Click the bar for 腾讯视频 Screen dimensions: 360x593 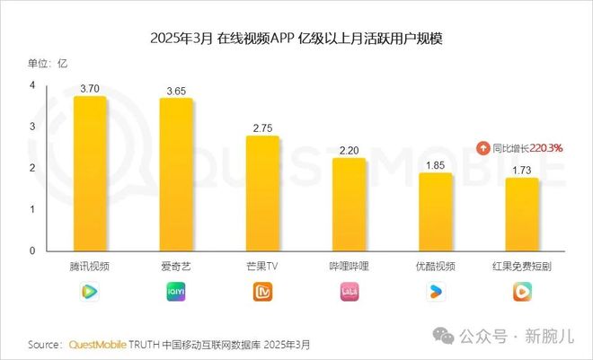click(x=90, y=174)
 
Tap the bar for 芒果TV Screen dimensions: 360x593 click(x=262, y=194)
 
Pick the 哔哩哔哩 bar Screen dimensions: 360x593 click(x=349, y=205)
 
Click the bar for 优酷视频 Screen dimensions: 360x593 click(x=436, y=212)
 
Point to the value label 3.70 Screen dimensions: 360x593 click(x=90, y=90)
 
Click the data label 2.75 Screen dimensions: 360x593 click(x=262, y=129)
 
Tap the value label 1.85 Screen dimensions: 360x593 click(x=436, y=166)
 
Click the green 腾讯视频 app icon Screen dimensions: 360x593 click(x=90, y=291)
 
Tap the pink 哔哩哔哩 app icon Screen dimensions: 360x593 click(x=349, y=291)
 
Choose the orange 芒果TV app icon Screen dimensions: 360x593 click(x=262, y=291)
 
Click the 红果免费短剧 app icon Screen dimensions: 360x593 click(x=522, y=291)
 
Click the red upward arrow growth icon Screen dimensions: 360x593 click(x=483, y=148)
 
